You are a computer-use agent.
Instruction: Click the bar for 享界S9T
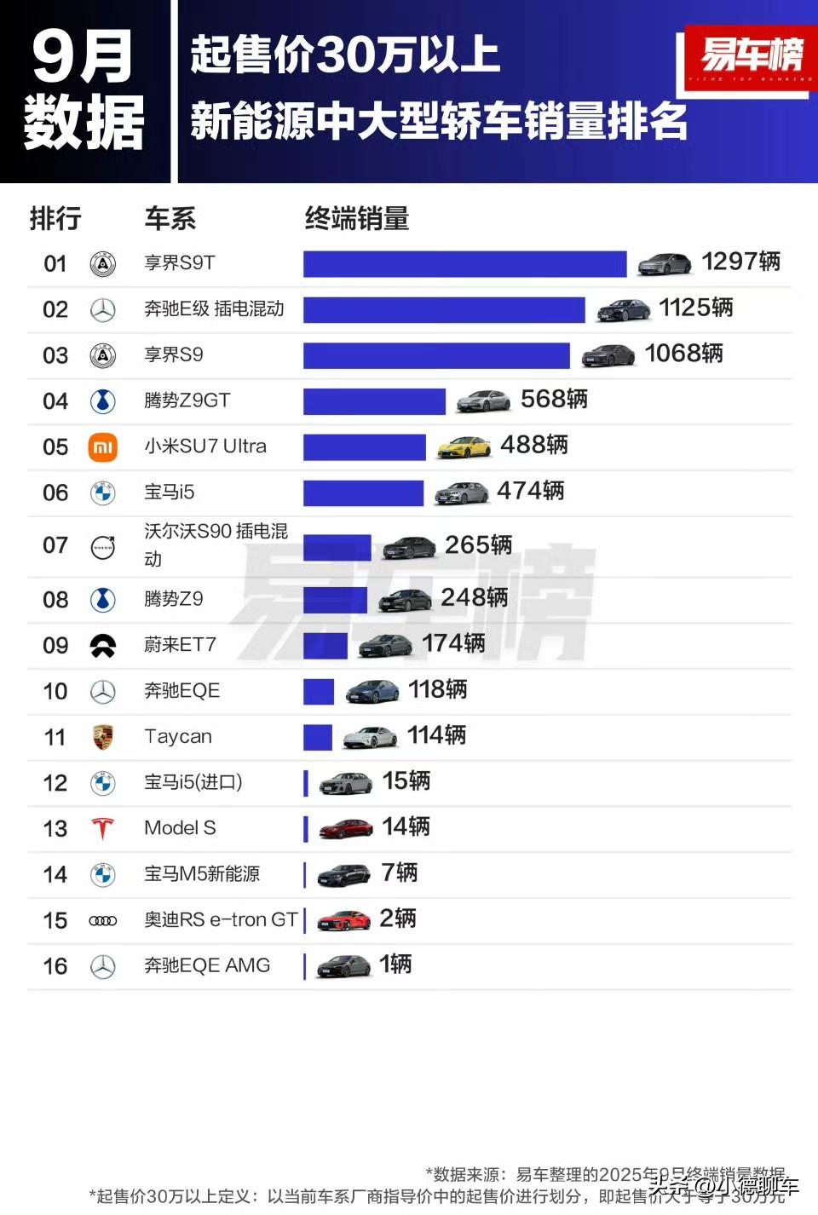[x=464, y=263]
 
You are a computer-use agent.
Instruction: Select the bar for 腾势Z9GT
[x=374, y=401]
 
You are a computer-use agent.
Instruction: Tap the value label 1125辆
[x=695, y=308]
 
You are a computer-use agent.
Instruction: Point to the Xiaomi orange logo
[x=103, y=447]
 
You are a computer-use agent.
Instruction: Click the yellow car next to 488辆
[x=464, y=447]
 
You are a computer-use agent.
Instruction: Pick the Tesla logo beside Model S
[x=103, y=828]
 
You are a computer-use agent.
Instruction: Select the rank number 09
[x=55, y=646]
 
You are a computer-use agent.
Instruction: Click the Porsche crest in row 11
[x=103, y=737]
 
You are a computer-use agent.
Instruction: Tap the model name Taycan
[x=178, y=736]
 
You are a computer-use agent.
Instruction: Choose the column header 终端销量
[x=357, y=219]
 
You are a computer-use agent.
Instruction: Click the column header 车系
[x=170, y=219]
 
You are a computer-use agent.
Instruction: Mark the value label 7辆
[x=400, y=872]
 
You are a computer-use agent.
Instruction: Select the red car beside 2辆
[x=344, y=920]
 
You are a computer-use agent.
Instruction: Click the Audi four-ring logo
[x=103, y=920]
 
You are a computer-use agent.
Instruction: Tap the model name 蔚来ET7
[x=180, y=645]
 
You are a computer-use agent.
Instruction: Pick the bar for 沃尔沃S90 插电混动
[x=337, y=547]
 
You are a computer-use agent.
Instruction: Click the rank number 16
[x=55, y=966]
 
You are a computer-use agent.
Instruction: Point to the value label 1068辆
[x=683, y=354]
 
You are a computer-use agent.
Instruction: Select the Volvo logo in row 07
[x=103, y=547]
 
